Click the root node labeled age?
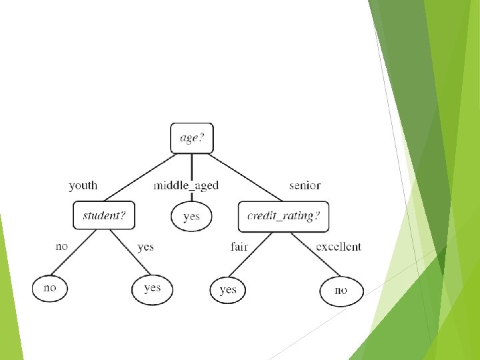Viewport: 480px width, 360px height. click(x=192, y=138)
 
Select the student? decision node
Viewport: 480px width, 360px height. click(x=104, y=215)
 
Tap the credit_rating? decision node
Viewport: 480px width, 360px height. click(x=283, y=216)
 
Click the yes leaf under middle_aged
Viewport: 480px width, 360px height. click(x=191, y=216)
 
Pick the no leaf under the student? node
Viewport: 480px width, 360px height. click(x=50, y=288)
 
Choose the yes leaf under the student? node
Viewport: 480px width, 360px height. click(x=152, y=288)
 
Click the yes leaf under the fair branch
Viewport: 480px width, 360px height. click(x=228, y=290)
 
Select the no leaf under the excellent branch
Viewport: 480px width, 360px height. click(x=341, y=291)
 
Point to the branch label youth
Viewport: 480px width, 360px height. click(x=83, y=185)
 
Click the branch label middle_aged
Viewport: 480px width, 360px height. click(x=186, y=185)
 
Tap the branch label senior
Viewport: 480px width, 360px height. click(x=305, y=185)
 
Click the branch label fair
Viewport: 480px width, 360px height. click(x=239, y=247)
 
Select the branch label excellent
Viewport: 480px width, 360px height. click(x=339, y=247)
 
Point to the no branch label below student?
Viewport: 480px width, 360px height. click(x=61, y=247)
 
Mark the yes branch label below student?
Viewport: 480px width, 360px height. click(x=145, y=247)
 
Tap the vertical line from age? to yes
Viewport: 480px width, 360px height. click(x=192, y=167)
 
